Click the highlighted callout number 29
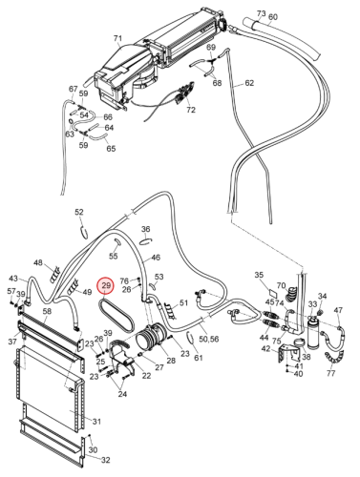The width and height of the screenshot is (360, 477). pyautogui.click(x=106, y=285)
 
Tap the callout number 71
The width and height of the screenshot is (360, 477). pyautogui.click(x=117, y=38)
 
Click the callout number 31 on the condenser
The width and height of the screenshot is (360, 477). pyautogui.click(x=96, y=422)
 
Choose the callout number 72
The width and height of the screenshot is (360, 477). pyautogui.click(x=190, y=110)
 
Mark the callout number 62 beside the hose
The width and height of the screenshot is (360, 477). pyautogui.click(x=249, y=83)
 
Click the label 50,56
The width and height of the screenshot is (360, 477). pyautogui.click(x=208, y=339)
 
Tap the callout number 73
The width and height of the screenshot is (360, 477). pyautogui.click(x=261, y=13)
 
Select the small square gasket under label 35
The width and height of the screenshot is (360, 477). pyautogui.click(x=273, y=291)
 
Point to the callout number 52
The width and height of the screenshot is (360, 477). pyautogui.click(x=79, y=212)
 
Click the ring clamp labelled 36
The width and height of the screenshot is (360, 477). pyautogui.click(x=146, y=241)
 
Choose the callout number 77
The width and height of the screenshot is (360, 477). pyautogui.click(x=331, y=373)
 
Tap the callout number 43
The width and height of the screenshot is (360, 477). pyautogui.click(x=13, y=279)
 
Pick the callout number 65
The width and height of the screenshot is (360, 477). pyautogui.click(x=111, y=149)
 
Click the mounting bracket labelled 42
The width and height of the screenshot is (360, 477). pyautogui.click(x=289, y=354)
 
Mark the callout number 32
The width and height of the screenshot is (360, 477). pyautogui.click(x=105, y=460)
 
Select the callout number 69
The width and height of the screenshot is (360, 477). pyautogui.click(x=211, y=48)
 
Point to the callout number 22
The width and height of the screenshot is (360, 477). pyautogui.click(x=146, y=376)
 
